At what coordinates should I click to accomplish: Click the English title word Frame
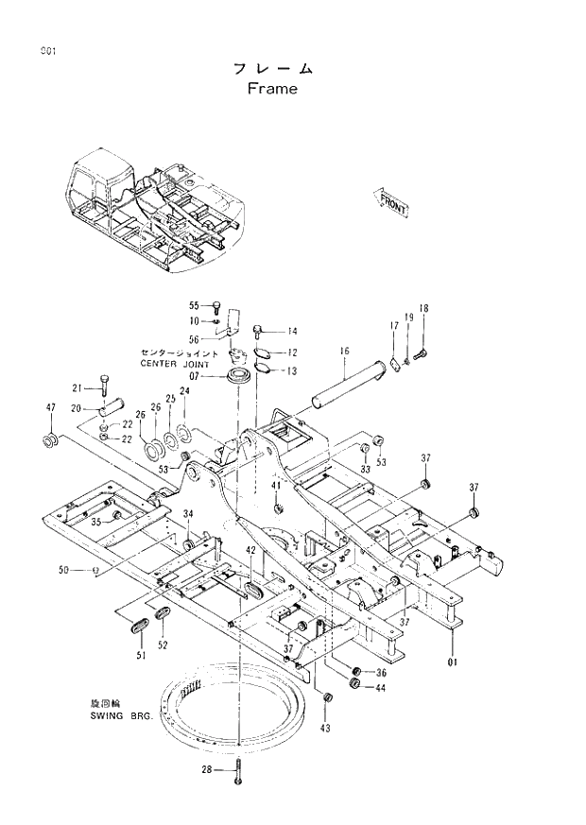pyautogui.click(x=272, y=90)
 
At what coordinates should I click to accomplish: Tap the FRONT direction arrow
pyautogui.click(x=392, y=201)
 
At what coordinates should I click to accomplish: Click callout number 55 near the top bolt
pyautogui.click(x=194, y=305)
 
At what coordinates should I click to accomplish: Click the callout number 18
pyautogui.click(x=423, y=309)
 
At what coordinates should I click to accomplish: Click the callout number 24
pyautogui.click(x=184, y=390)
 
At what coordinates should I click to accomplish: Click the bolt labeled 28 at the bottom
pyautogui.click(x=239, y=772)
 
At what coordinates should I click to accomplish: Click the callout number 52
pyautogui.click(x=163, y=645)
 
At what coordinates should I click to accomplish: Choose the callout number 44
pyautogui.click(x=380, y=688)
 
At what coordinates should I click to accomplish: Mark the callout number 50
pyautogui.click(x=64, y=570)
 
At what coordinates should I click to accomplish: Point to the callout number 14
pyautogui.click(x=292, y=331)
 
